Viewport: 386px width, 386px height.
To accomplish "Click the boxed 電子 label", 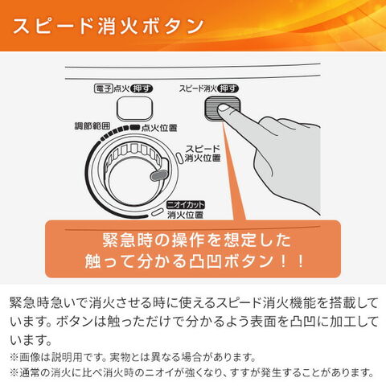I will [x=105, y=88].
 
